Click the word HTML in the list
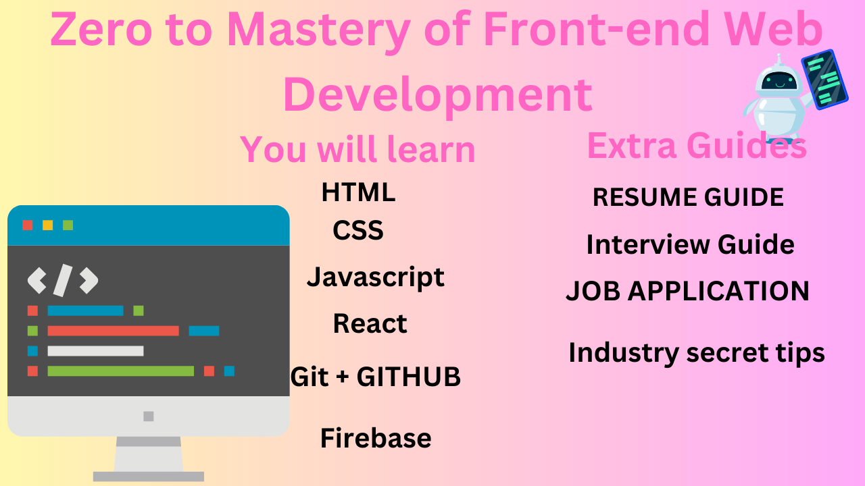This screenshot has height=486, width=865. [x=358, y=193]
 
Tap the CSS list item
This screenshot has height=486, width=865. [x=358, y=231]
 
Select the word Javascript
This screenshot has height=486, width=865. [x=376, y=277]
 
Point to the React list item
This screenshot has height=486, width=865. [x=370, y=324]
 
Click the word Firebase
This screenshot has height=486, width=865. [x=376, y=439]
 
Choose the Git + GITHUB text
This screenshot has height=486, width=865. [x=376, y=377]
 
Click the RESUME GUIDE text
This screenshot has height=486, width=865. [x=688, y=198]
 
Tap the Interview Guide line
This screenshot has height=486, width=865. [x=690, y=244]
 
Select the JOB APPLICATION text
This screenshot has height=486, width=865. [x=687, y=292]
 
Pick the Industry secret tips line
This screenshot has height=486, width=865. [x=697, y=352]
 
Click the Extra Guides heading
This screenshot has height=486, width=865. [x=697, y=146]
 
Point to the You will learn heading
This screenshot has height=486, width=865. [x=357, y=149]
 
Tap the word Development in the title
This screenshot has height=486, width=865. [x=437, y=94]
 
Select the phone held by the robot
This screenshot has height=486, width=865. [x=824, y=79]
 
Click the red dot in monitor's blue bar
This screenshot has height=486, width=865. [x=28, y=225]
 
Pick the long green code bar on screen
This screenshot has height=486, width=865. [x=120, y=371]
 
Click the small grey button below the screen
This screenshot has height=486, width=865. [x=149, y=416]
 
